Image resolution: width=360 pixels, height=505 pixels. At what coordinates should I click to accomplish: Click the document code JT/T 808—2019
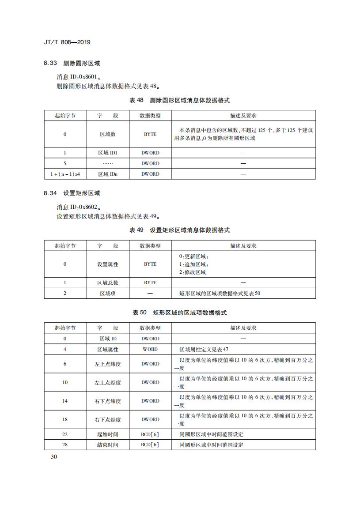tap(68, 42)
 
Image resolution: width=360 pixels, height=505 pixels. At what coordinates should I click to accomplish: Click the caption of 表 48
tap(179, 101)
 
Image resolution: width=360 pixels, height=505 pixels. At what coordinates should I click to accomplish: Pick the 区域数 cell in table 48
tap(107, 134)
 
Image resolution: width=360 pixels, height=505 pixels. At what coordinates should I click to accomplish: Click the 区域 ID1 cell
tap(107, 153)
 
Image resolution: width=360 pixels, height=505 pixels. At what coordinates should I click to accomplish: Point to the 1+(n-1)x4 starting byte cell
tap(65, 174)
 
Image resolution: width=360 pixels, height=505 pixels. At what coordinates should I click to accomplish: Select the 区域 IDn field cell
tap(107, 174)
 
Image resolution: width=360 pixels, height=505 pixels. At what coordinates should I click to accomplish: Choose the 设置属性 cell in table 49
tap(107, 264)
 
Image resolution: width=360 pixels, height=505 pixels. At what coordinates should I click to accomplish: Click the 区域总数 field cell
tap(107, 283)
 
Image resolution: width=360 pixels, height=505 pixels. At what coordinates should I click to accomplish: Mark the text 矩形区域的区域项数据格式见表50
tap(220, 294)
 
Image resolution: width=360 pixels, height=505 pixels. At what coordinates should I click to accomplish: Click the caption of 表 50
tap(179, 313)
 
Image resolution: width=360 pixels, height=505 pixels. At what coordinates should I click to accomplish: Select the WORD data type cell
tap(150, 349)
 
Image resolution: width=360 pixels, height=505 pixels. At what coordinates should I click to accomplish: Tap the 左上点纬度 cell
tap(107, 364)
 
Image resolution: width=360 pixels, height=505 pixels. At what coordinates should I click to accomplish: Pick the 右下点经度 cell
tap(107, 420)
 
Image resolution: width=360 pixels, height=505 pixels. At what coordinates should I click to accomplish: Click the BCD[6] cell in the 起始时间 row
tap(150, 434)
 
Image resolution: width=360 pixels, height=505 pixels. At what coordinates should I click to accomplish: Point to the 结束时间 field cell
tap(107, 445)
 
